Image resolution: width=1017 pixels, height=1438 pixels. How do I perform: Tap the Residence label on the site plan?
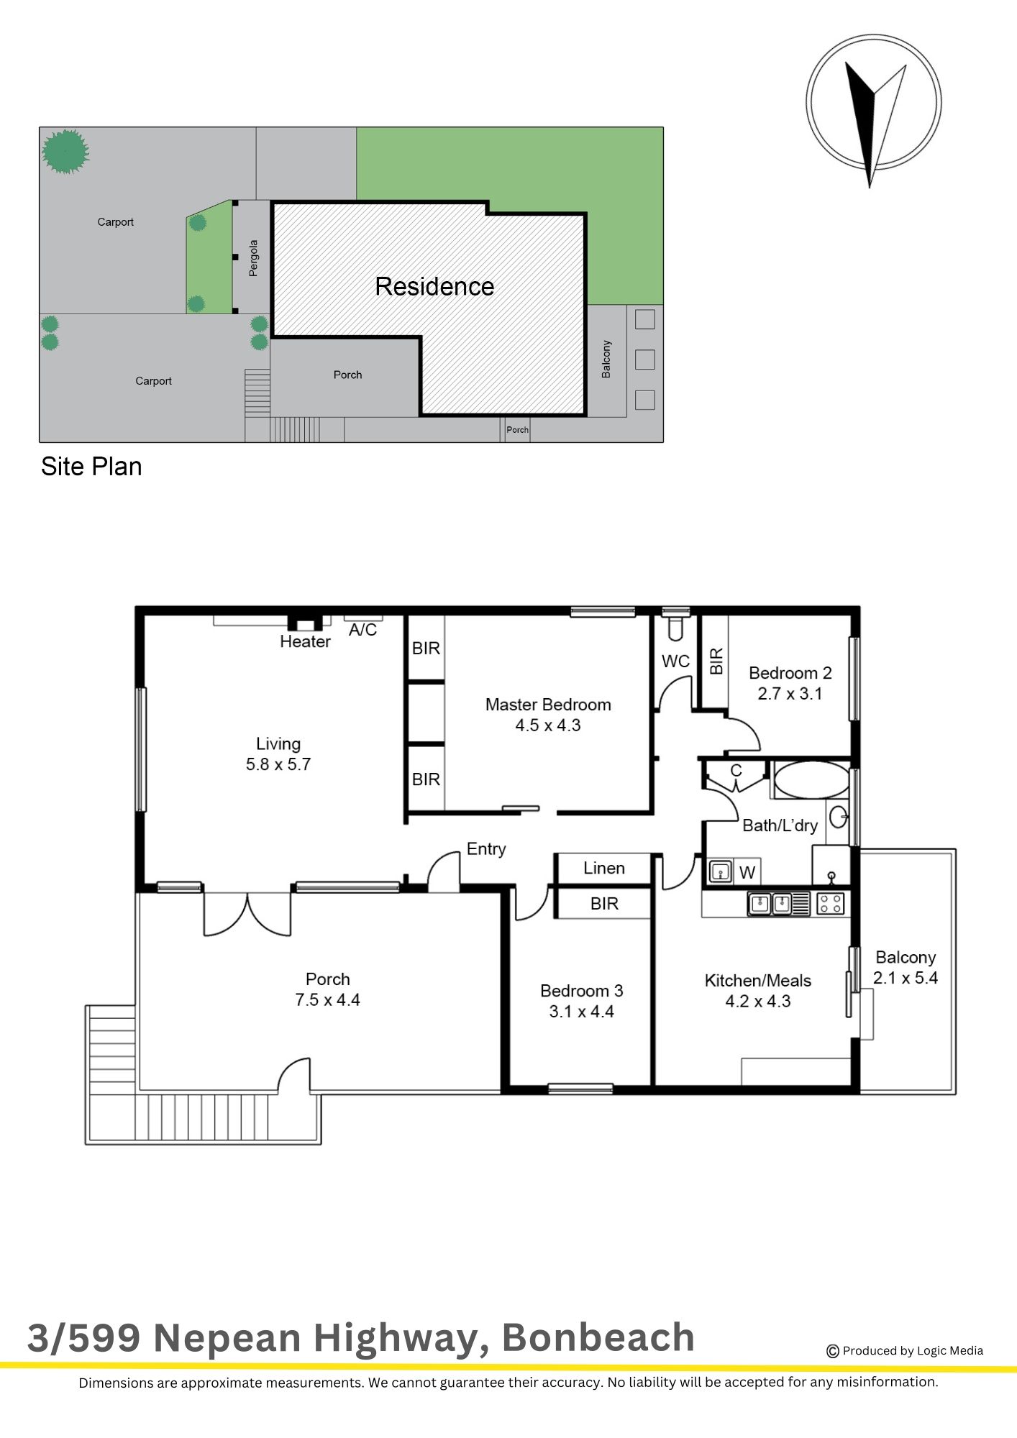(x=434, y=286)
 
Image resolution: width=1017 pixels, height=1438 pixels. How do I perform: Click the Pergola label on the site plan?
(x=253, y=258)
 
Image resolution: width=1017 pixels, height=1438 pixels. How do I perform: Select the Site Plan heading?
(x=91, y=467)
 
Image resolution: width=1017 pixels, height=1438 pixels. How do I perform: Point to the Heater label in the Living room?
(x=305, y=641)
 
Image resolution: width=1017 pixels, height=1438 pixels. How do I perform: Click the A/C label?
(x=362, y=630)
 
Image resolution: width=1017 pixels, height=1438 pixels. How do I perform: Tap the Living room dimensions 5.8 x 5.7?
(x=278, y=764)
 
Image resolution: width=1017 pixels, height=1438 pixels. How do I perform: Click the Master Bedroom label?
(x=548, y=705)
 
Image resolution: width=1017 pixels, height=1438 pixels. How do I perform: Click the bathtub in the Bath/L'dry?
(x=812, y=780)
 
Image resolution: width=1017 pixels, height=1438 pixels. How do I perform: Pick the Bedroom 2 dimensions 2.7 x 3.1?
(x=790, y=694)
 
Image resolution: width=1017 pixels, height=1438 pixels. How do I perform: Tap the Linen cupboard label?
(x=604, y=868)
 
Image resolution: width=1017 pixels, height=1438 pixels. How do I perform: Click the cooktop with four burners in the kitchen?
(x=831, y=903)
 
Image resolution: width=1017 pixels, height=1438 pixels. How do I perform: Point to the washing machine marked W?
(x=747, y=872)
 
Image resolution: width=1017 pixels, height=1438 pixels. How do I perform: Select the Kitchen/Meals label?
(x=758, y=981)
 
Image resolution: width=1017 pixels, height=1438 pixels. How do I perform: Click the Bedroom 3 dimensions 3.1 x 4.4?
(x=581, y=1012)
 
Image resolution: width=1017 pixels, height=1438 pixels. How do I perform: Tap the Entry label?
(x=486, y=849)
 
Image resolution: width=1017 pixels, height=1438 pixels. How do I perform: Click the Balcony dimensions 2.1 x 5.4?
(x=906, y=978)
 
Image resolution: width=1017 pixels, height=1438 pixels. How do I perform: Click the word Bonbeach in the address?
(x=598, y=1337)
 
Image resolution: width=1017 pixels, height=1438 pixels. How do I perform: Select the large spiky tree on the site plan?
(x=65, y=152)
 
